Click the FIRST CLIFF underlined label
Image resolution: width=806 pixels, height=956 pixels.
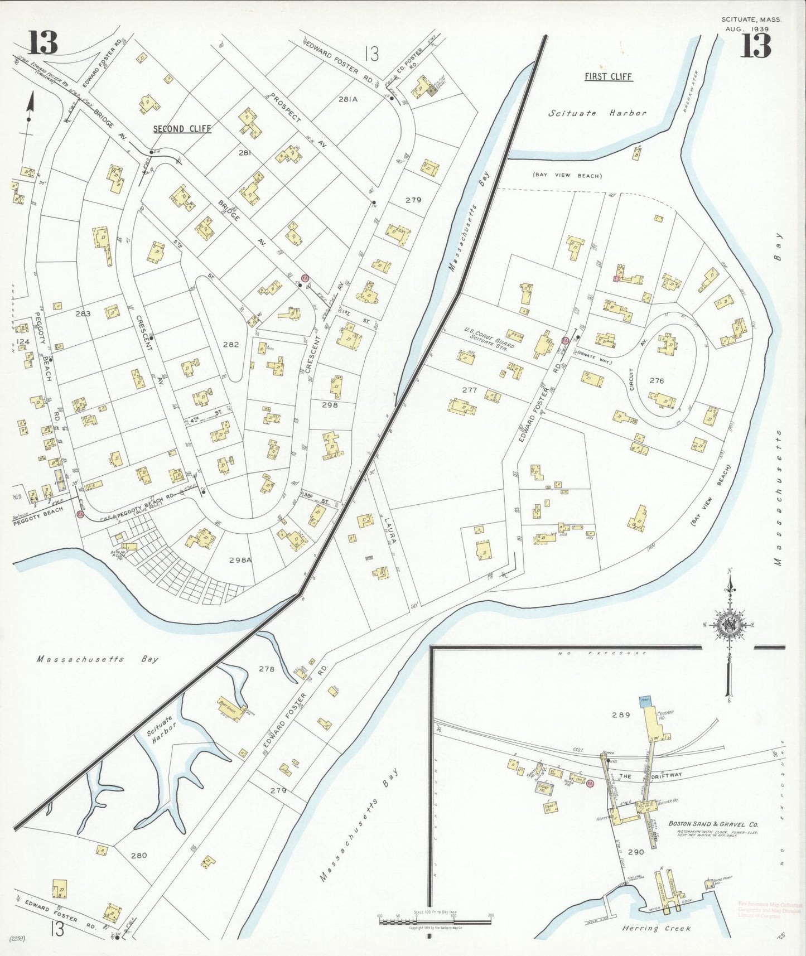click(x=608, y=76)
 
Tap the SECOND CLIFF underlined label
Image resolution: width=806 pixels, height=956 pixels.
click(x=182, y=129)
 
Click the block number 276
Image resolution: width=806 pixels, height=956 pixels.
click(x=657, y=380)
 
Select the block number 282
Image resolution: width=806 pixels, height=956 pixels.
click(x=230, y=344)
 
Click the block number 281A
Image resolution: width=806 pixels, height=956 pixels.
click(x=347, y=99)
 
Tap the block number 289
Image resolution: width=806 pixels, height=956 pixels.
click(x=620, y=714)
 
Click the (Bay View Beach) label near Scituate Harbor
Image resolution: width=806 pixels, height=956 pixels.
click(x=567, y=176)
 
